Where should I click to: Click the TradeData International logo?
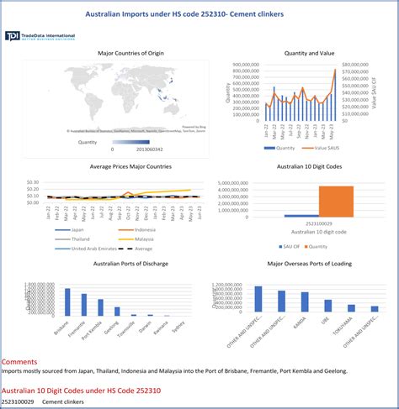point(40,36)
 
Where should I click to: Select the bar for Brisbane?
point(66,302)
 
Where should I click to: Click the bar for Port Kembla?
point(100,307)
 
